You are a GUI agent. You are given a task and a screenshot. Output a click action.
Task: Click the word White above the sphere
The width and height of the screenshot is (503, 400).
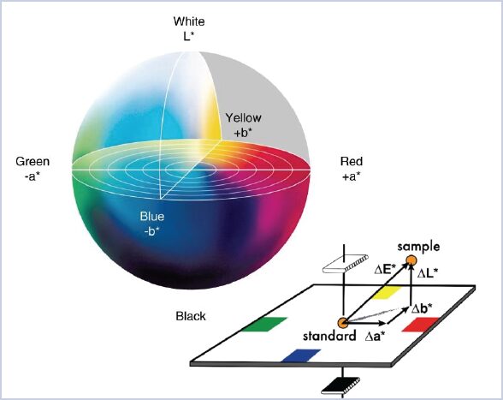[189, 21]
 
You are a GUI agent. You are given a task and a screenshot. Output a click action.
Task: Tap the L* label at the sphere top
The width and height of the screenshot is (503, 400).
[189, 36]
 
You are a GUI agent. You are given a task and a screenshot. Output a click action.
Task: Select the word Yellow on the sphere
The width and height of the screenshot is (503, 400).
[243, 118]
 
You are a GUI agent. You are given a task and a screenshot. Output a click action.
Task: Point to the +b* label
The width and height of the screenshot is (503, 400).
[243, 133]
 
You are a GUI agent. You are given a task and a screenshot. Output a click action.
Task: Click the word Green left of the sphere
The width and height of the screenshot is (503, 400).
[33, 161]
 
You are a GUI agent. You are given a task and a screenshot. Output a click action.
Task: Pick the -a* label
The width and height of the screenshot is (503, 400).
[33, 176]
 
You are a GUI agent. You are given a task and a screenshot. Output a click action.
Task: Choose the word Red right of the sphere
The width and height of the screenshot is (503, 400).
[352, 161]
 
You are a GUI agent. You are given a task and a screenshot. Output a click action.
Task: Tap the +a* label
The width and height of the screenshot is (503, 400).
[352, 176]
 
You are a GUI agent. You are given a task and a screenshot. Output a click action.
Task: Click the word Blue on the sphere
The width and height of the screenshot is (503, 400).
[152, 216]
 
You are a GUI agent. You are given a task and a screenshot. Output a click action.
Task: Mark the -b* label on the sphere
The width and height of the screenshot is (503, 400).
[152, 231]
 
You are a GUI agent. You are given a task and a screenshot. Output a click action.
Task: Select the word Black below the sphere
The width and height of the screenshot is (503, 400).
[191, 316]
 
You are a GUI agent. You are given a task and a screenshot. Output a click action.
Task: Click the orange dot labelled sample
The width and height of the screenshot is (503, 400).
[411, 260]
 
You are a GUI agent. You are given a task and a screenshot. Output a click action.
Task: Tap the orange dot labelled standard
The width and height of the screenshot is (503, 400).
[343, 323]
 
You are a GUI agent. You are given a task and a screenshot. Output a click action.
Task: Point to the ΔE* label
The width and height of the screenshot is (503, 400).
[383, 270]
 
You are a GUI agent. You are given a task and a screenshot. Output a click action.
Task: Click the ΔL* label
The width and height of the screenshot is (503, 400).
[428, 272]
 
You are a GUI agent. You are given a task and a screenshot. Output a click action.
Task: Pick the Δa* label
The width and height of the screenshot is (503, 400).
[375, 336]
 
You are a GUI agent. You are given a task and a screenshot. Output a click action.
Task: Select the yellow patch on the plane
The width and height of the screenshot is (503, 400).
[387, 293]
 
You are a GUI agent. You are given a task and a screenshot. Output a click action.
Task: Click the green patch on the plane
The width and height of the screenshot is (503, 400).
[264, 324]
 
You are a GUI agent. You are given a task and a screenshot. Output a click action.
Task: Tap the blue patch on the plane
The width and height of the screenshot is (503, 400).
[301, 355]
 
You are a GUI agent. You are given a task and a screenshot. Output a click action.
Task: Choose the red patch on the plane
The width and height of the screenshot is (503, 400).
[420, 324]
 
